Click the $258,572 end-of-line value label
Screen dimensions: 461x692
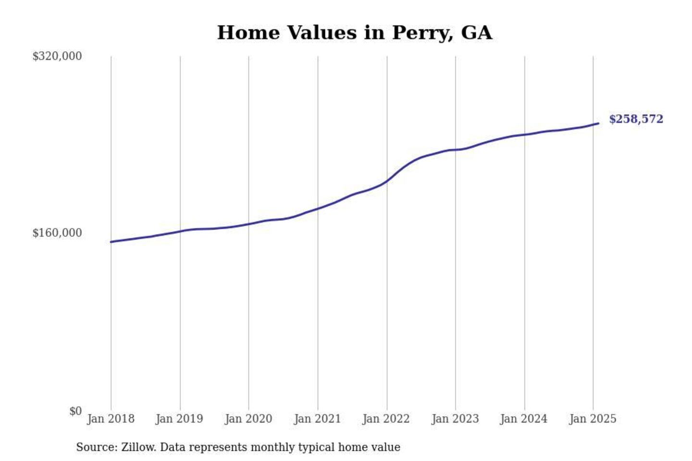click(636, 119)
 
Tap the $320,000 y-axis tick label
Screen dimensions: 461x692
click(57, 56)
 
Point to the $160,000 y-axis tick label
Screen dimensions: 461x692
click(57, 233)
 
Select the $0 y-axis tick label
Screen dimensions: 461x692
click(75, 411)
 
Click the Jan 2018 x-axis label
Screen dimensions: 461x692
click(111, 419)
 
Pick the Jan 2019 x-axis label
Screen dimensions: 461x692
click(179, 419)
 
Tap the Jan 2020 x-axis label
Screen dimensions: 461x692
click(248, 419)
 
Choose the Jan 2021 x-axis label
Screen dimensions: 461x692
click(317, 419)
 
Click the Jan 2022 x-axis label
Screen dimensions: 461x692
click(386, 419)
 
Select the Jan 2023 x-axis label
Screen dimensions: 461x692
click(455, 419)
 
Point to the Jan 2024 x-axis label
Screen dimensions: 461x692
click(523, 419)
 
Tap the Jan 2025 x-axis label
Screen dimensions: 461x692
click(593, 419)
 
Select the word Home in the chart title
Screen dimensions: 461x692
click(248, 33)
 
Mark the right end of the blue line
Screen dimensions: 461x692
click(598, 123)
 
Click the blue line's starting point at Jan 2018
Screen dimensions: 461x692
click(111, 242)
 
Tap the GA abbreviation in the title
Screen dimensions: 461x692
click(476, 33)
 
